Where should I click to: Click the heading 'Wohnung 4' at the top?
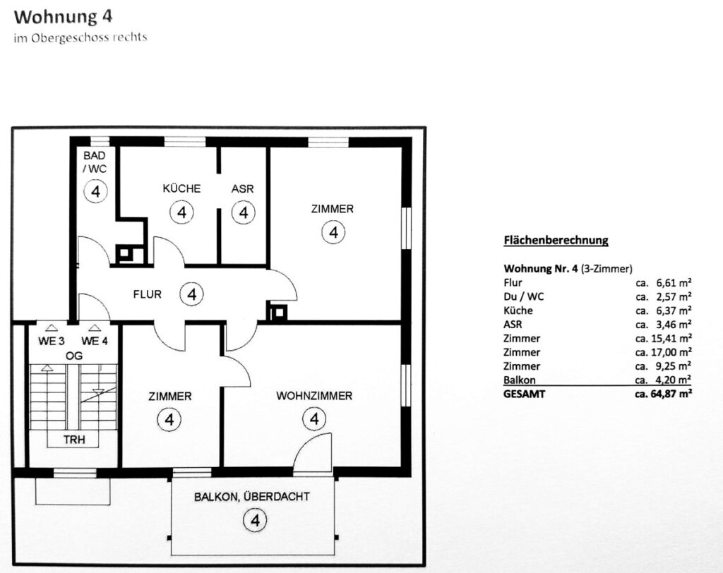pos(63,17)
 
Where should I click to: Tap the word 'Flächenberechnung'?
pos(556,240)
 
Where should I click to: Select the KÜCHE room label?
pos(181,188)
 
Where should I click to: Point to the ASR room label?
pos(243,188)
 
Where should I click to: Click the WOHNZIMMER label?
pos(314,395)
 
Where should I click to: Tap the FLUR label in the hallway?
pos(147,294)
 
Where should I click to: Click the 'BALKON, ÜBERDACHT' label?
pos(252,497)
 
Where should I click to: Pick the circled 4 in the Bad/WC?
pos(96,191)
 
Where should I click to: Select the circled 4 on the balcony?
pos(255,521)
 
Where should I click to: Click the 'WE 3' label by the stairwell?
pos(51,341)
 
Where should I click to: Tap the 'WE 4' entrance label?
pos(95,341)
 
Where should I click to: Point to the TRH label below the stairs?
pos(74,440)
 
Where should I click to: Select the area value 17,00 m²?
pos(672,352)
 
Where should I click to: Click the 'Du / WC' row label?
pos(524,296)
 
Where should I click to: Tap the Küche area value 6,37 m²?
pos(674,310)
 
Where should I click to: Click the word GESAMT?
pos(525,394)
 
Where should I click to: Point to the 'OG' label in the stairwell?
pos(74,356)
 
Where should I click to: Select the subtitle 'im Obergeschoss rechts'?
pos(80,38)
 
